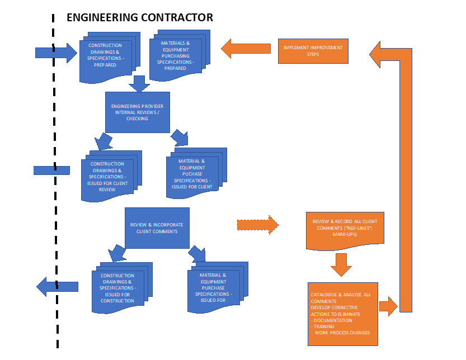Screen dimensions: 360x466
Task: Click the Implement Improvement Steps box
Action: click(x=313, y=51)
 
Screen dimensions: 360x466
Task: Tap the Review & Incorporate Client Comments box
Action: click(x=157, y=228)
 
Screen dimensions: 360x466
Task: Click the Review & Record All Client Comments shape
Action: click(x=345, y=228)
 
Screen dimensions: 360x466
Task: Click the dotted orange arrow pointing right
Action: click(x=258, y=225)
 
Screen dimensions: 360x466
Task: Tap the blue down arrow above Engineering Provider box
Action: click(x=138, y=83)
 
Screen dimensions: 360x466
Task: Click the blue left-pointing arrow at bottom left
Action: click(x=57, y=286)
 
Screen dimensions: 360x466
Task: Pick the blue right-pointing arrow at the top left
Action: click(x=56, y=53)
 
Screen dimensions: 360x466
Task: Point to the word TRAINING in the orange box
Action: click(x=324, y=326)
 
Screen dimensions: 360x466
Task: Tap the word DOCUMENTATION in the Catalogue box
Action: click(x=333, y=320)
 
